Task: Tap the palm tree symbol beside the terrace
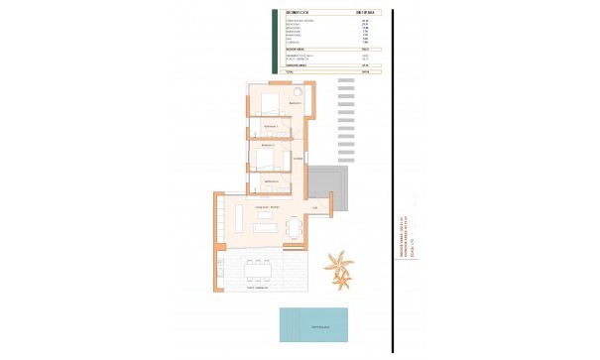[342, 271]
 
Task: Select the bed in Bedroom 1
[271, 102]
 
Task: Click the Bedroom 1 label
[295, 102]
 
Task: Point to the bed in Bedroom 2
[266, 157]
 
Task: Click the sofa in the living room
[267, 228]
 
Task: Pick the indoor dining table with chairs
[293, 230]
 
